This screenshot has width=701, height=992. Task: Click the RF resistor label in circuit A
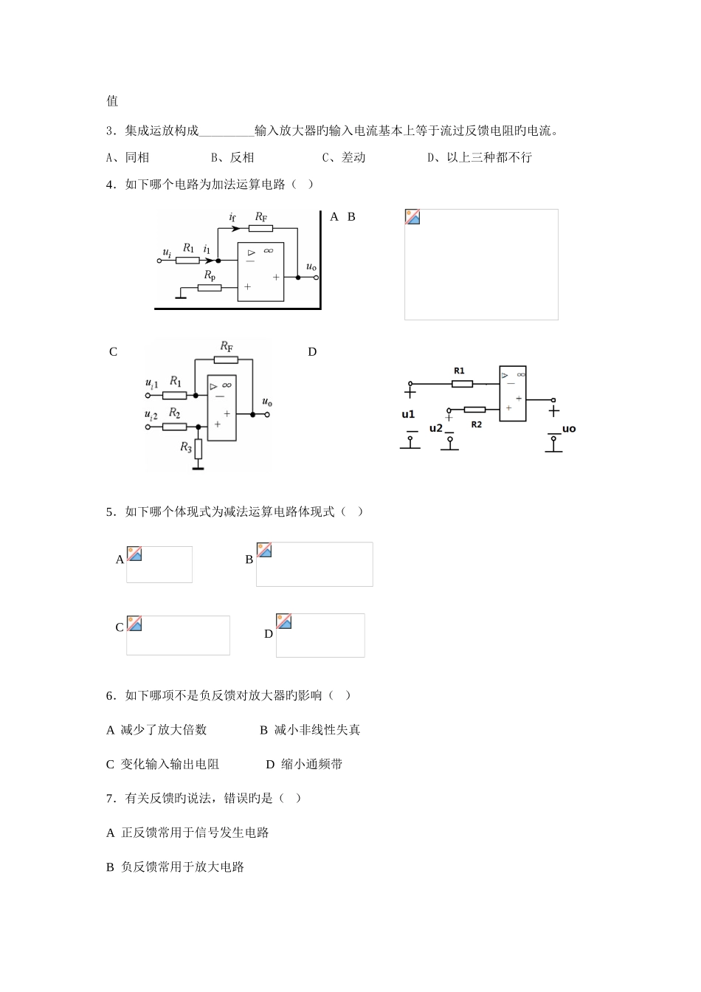coord(261,216)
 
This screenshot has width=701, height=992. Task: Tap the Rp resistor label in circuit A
coord(210,275)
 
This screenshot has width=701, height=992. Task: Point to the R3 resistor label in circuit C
coord(187,447)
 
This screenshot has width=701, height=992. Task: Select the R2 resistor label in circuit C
coord(174,413)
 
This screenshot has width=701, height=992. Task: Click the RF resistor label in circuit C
coord(227,346)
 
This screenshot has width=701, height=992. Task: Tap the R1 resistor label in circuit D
coord(459,371)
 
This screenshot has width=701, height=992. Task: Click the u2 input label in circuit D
coord(435,428)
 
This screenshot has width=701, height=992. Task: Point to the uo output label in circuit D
coord(568,429)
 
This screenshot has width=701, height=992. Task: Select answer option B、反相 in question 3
coord(232,157)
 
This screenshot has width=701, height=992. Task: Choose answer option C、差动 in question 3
coord(343,157)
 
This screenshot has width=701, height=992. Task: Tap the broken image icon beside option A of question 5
coord(134,554)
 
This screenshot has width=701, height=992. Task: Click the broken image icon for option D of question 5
coord(284,621)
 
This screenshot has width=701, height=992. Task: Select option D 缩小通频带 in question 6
coord(304,765)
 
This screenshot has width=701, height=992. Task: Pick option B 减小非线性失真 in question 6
coord(310,730)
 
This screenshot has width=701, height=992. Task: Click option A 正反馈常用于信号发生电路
coord(187,833)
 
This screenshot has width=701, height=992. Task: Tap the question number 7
coord(111,798)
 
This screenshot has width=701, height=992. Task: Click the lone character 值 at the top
coord(112,101)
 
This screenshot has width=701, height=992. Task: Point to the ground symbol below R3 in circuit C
coord(198,466)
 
